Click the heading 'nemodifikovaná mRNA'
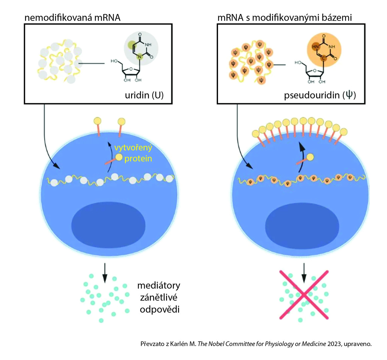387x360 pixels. [x=72, y=17]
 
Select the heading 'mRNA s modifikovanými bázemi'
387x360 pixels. [x=284, y=17]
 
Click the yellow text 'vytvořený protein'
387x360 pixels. [x=133, y=153]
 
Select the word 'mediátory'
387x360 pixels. [x=159, y=286]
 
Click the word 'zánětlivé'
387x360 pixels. [x=159, y=297]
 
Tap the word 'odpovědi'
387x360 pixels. [x=160, y=309]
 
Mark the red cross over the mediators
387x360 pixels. [x=303, y=295]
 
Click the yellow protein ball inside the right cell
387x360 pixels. [x=310, y=157]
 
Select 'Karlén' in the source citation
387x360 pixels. [x=181, y=344]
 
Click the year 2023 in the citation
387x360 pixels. [x=334, y=344]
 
